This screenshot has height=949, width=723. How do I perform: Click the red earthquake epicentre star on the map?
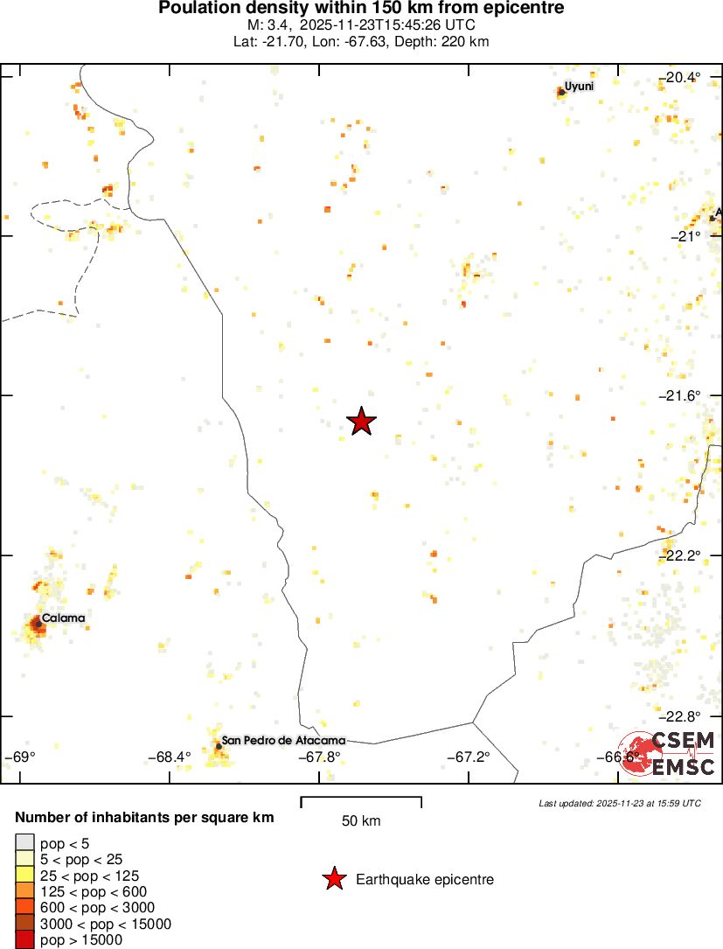pos(361,422)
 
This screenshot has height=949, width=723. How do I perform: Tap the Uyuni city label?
pos(579,86)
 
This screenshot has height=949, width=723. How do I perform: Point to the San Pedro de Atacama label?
pos(283,740)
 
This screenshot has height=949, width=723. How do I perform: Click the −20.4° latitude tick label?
pos(679,77)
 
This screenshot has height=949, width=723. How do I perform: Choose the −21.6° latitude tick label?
pos(679,395)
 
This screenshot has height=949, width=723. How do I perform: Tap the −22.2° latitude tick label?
pos(679,555)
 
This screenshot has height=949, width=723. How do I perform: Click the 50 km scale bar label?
pos(361,820)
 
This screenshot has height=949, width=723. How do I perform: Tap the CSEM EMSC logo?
pos(671,754)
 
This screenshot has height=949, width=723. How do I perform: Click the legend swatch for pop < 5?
pos(25,843)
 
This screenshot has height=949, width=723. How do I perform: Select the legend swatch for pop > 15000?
pos(25,940)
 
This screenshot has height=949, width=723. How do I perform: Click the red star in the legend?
pos(334,879)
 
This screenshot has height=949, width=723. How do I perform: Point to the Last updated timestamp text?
pos(619,803)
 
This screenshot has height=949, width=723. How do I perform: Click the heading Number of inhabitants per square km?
pos(145,818)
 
